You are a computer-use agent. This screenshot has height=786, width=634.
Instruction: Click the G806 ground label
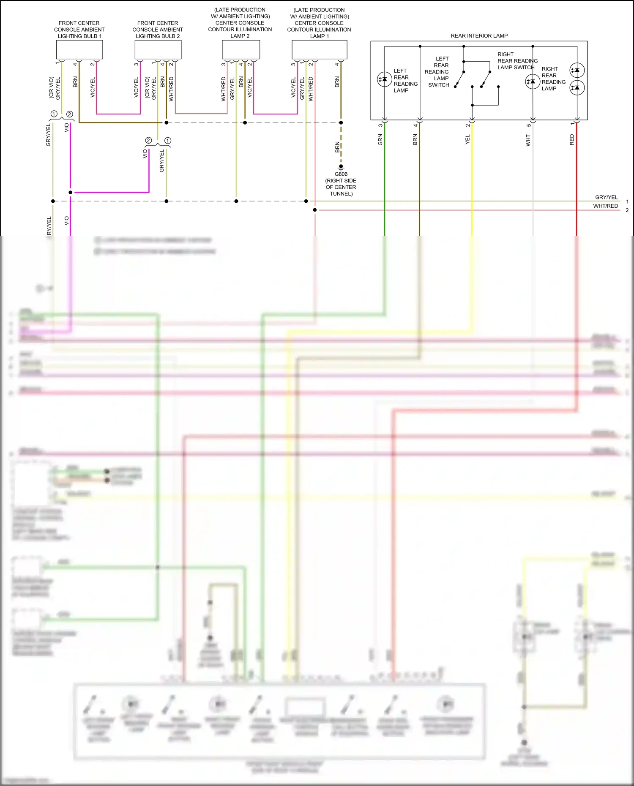coord(341,174)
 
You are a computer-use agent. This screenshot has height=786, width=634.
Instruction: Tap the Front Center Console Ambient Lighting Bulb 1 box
coord(79,50)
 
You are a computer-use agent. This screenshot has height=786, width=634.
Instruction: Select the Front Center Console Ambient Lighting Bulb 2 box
coord(158,50)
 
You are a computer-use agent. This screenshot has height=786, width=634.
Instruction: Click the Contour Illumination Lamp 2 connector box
coord(241,50)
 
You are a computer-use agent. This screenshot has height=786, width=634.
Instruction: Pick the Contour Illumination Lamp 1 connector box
coord(319,50)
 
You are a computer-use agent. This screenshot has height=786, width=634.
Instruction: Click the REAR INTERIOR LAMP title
coord(479,36)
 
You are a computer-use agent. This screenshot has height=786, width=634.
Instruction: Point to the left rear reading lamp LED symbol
coord(384,79)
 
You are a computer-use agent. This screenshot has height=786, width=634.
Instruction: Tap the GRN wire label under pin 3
coord(380,140)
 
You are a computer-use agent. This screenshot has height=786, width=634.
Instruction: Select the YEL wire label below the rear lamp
coord(467,140)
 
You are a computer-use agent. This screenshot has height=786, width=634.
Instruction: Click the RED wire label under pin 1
coord(572,140)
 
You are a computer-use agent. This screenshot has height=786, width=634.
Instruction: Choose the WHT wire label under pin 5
coord(528,140)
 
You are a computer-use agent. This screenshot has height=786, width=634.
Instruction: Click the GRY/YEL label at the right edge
coord(606,197)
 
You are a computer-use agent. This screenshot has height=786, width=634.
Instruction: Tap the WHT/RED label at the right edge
coord(605,206)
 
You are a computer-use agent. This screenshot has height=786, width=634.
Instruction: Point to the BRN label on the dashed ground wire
coord(337,147)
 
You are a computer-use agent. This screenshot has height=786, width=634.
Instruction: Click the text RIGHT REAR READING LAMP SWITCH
coord(517,61)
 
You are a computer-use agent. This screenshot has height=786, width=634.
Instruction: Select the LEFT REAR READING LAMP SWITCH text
coord(438,72)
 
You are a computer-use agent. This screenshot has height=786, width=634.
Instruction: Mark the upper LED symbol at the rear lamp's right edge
coord(577,70)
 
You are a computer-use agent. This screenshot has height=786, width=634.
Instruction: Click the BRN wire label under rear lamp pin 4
coord(415,140)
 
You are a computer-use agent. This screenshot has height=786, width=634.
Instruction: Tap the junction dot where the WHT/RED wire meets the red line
coord(315,210)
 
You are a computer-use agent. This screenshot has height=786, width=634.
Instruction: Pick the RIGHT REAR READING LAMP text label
coord(553,79)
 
